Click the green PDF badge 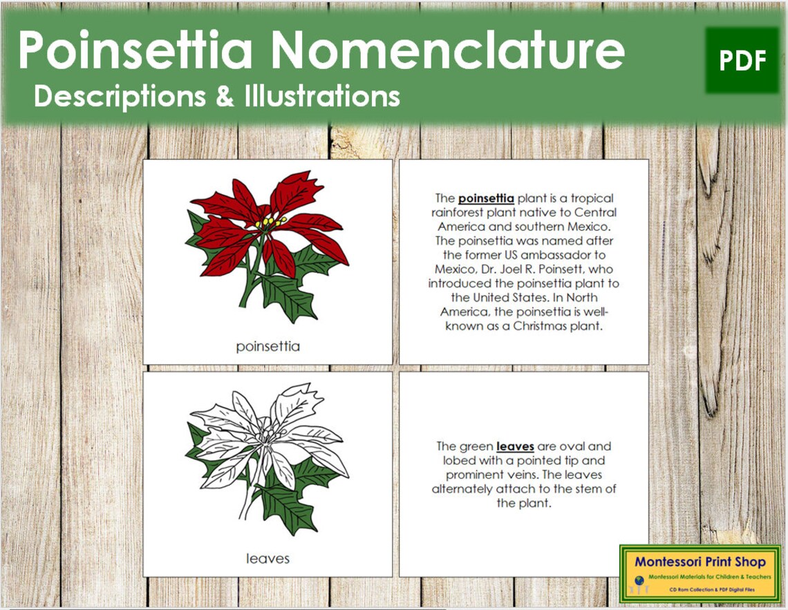pyautogui.click(x=742, y=61)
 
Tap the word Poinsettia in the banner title pyautogui.click(x=135, y=50)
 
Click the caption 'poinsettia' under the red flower pyautogui.click(x=268, y=347)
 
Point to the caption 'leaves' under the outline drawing pyautogui.click(x=268, y=558)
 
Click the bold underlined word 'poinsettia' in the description pyautogui.click(x=486, y=198)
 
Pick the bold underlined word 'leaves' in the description pyautogui.click(x=515, y=446)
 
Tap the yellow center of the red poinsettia pyautogui.click(x=270, y=223)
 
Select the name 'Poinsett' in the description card pyautogui.click(x=566, y=269)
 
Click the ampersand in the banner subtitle pyautogui.click(x=225, y=96)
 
